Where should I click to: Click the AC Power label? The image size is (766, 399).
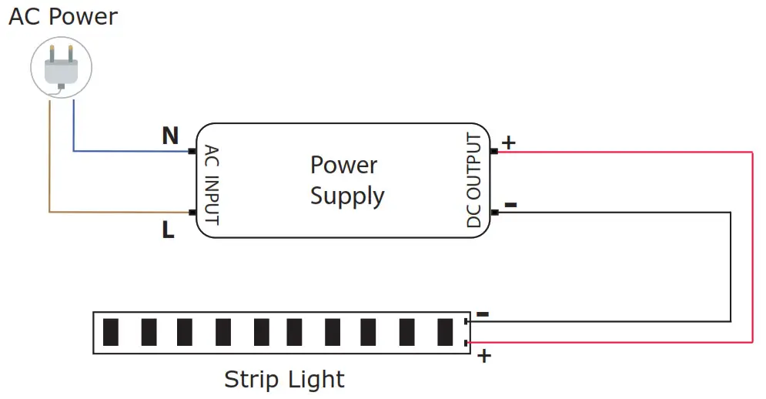[63, 17]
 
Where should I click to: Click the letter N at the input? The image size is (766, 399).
[169, 136]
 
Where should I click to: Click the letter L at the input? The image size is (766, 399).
[168, 230]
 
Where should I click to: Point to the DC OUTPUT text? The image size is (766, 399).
[474, 182]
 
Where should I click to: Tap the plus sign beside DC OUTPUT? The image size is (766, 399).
[509, 142]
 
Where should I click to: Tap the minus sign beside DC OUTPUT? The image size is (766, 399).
[510, 205]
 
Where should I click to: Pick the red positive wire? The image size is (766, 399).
[751, 246]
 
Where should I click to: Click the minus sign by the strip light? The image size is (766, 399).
[483, 313]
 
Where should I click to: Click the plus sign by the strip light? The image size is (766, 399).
[484, 356]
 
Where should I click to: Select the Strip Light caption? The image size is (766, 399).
[284, 380]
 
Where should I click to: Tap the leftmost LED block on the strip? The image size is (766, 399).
[111, 332]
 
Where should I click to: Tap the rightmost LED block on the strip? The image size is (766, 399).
[445, 332]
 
